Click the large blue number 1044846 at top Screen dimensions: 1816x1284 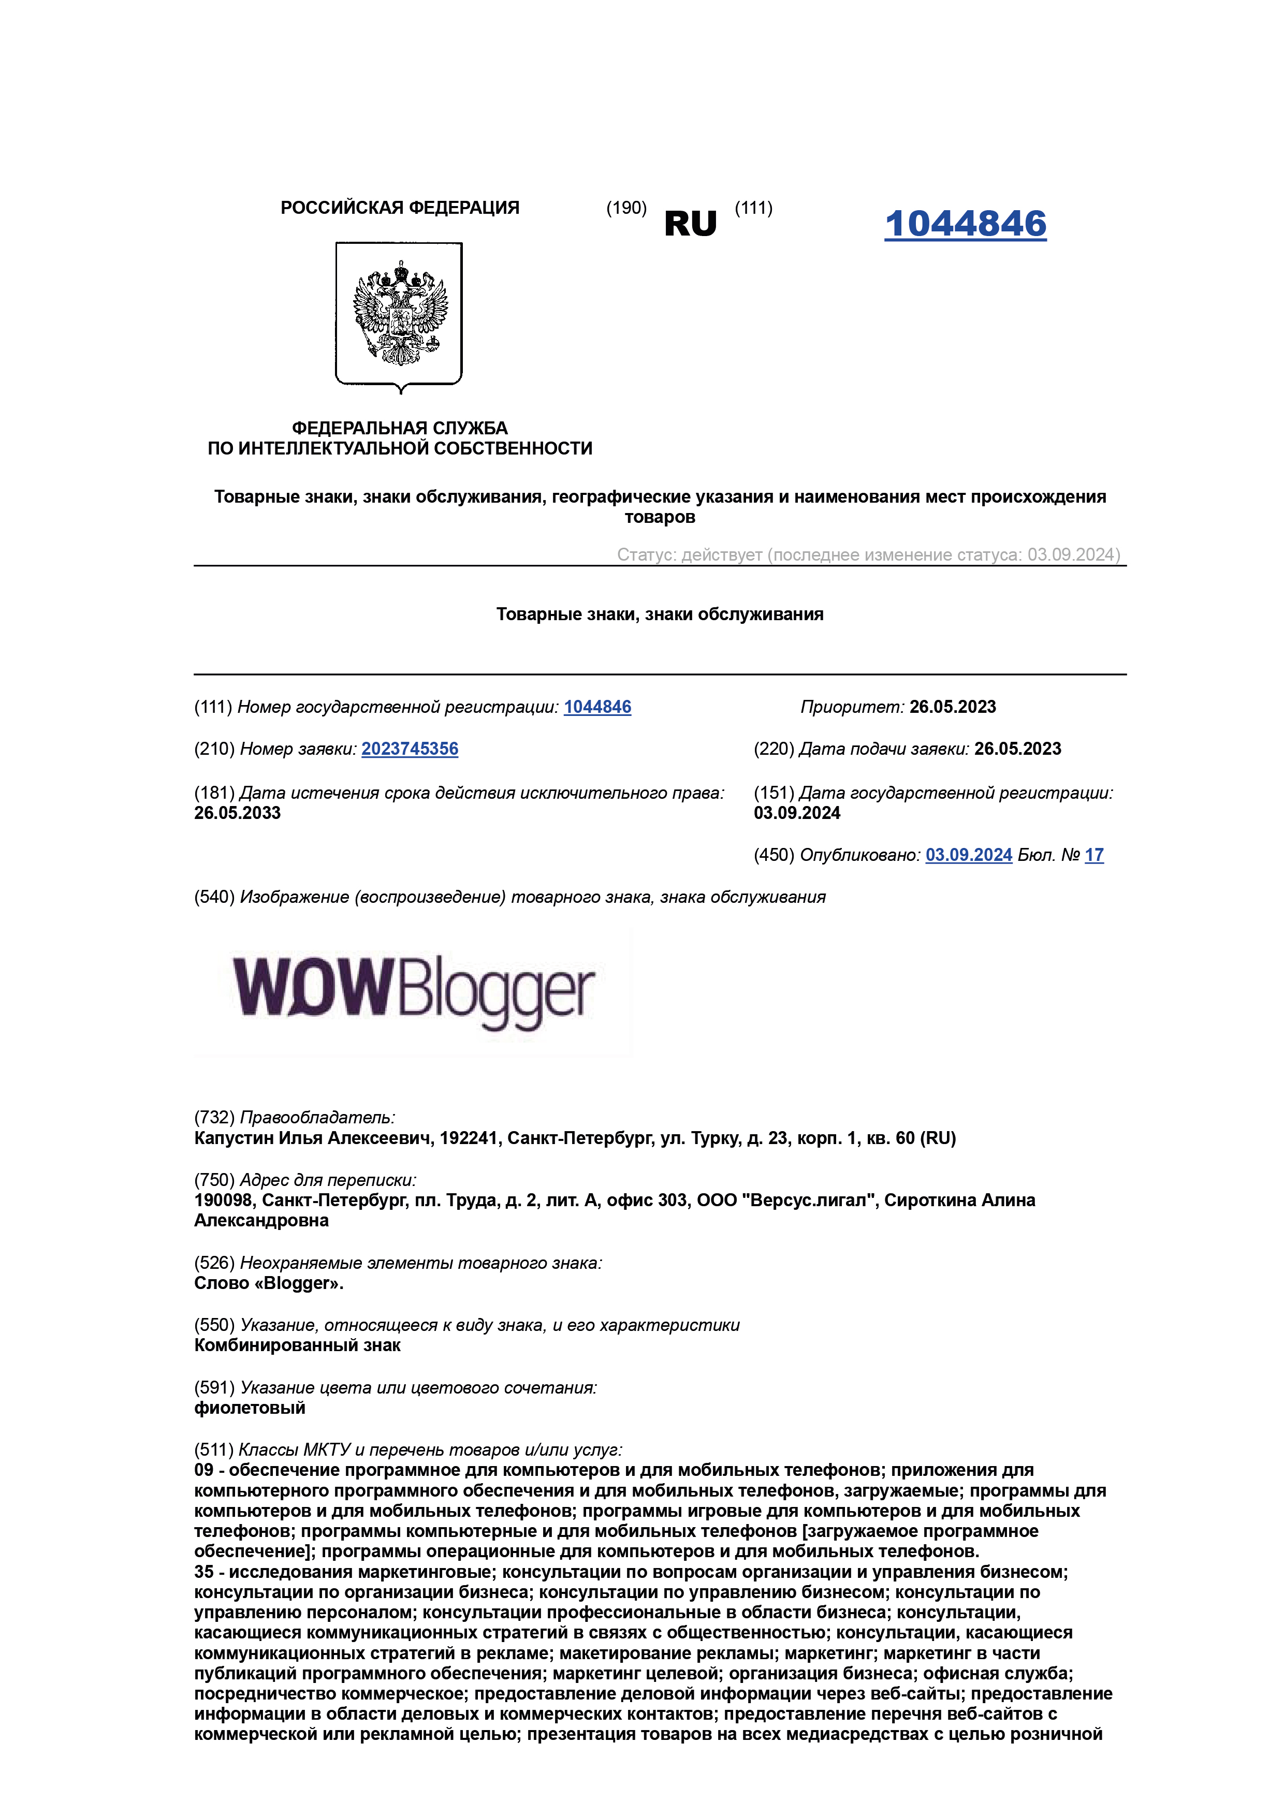965,224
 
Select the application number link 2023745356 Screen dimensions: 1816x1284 410,749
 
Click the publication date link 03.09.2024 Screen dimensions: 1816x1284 968,855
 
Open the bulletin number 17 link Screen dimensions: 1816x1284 1093,855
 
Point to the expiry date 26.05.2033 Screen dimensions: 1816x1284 237,813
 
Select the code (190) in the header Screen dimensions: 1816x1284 626,208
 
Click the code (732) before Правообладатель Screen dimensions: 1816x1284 214,1118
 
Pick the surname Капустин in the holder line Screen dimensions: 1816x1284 229,1138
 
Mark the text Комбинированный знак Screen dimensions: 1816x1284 298,1345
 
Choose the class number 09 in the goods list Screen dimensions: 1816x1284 203,1470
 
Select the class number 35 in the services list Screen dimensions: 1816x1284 203,1572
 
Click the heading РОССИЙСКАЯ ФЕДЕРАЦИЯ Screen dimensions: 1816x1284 400,208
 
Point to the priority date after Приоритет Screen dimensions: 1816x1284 953,707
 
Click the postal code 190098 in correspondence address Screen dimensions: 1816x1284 223,1200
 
